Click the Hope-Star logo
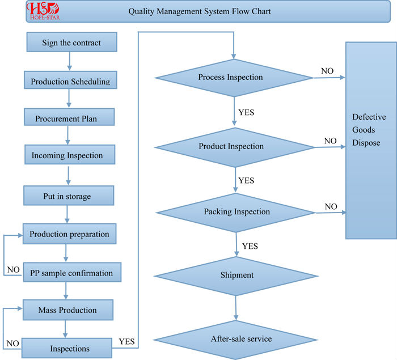tap(43, 11)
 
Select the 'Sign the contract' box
tap(72, 42)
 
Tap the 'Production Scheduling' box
tap(70, 80)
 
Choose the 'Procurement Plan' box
tap(69, 117)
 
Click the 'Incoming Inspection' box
tap(70, 154)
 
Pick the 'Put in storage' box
tap(69, 196)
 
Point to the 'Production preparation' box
tap(69, 234)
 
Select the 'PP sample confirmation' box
tap(72, 272)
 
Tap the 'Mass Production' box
tap(68, 310)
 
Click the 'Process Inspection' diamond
tap(234, 78)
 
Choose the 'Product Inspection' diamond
tap(235, 147)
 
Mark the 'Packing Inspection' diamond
tap(236, 213)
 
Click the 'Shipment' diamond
tap(236, 276)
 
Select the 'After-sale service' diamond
tap(235, 340)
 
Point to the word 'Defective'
tap(369, 117)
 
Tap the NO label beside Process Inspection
tap(327, 71)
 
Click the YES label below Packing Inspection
tap(250, 246)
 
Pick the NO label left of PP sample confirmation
tap(14, 270)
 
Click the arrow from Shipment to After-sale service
tap(236, 308)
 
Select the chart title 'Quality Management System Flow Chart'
tap(200, 11)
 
